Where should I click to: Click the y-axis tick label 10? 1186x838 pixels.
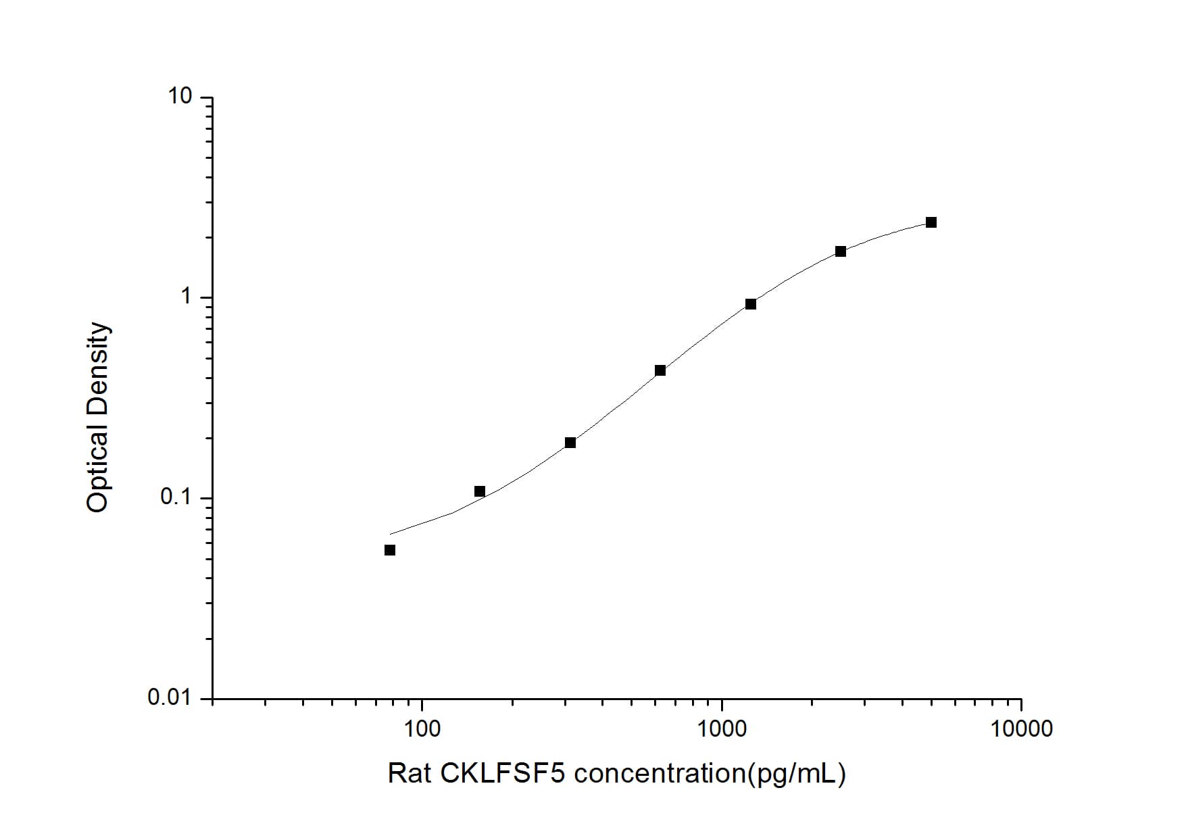(180, 97)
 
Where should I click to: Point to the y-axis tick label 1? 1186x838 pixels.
(187, 297)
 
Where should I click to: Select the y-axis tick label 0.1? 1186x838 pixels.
(176, 497)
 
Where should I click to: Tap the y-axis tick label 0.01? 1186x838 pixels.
(170, 697)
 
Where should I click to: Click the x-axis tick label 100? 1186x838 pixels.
(422, 729)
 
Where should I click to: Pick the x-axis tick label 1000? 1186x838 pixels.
(722, 729)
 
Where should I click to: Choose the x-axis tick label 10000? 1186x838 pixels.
(1021, 729)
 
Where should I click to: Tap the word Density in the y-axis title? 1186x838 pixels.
(98, 364)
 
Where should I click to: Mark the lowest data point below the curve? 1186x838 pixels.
(390, 550)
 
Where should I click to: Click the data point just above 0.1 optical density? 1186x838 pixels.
(480, 491)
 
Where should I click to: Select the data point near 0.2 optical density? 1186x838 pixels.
(570, 443)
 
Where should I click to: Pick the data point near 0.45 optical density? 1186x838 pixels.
(660, 370)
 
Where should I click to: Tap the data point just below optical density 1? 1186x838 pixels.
(751, 304)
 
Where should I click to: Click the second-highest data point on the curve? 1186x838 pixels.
(841, 251)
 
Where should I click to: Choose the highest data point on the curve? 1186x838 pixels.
(931, 222)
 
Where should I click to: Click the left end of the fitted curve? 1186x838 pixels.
(391, 535)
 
